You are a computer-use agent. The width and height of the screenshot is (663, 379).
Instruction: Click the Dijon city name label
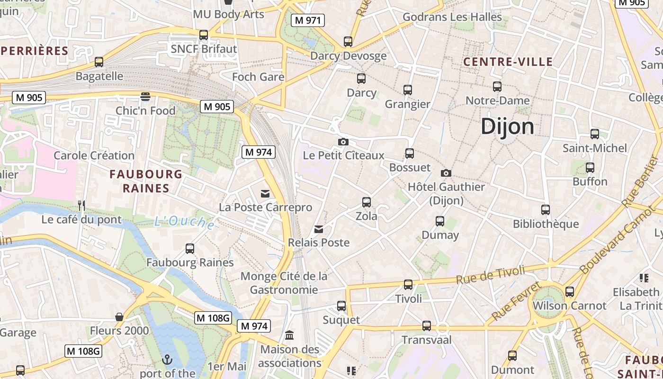[507, 126]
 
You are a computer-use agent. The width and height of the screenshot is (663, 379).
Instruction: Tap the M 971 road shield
[308, 20]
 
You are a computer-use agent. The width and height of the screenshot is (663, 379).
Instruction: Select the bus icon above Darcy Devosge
[348, 42]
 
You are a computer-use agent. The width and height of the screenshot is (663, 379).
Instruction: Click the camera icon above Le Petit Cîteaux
[343, 142]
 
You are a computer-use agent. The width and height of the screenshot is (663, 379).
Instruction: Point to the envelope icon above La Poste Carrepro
[265, 193]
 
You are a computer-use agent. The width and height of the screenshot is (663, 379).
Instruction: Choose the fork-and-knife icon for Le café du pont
[81, 205]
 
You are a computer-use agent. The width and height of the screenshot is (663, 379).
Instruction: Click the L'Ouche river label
[185, 221]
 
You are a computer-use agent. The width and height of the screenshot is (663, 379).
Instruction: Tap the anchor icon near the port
[167, 360]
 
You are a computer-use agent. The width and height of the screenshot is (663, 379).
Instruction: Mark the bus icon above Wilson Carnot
[570, 292]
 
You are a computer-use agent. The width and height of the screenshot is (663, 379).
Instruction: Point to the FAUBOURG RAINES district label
[146, 181]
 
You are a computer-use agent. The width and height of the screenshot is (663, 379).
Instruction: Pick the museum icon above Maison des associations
[289, 335]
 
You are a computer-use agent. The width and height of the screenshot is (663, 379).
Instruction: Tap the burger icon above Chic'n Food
[145, 97]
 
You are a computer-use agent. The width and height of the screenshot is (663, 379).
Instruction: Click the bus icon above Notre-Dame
[497, 87]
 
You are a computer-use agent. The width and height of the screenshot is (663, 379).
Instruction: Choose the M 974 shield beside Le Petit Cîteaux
[258, 152]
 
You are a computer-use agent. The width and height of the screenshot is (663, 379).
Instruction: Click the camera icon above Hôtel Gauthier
[446, 173]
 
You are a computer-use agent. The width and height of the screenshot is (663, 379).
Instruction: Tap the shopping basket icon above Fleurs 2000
[119, 316]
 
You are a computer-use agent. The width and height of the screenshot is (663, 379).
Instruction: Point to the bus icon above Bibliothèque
[546, 209]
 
